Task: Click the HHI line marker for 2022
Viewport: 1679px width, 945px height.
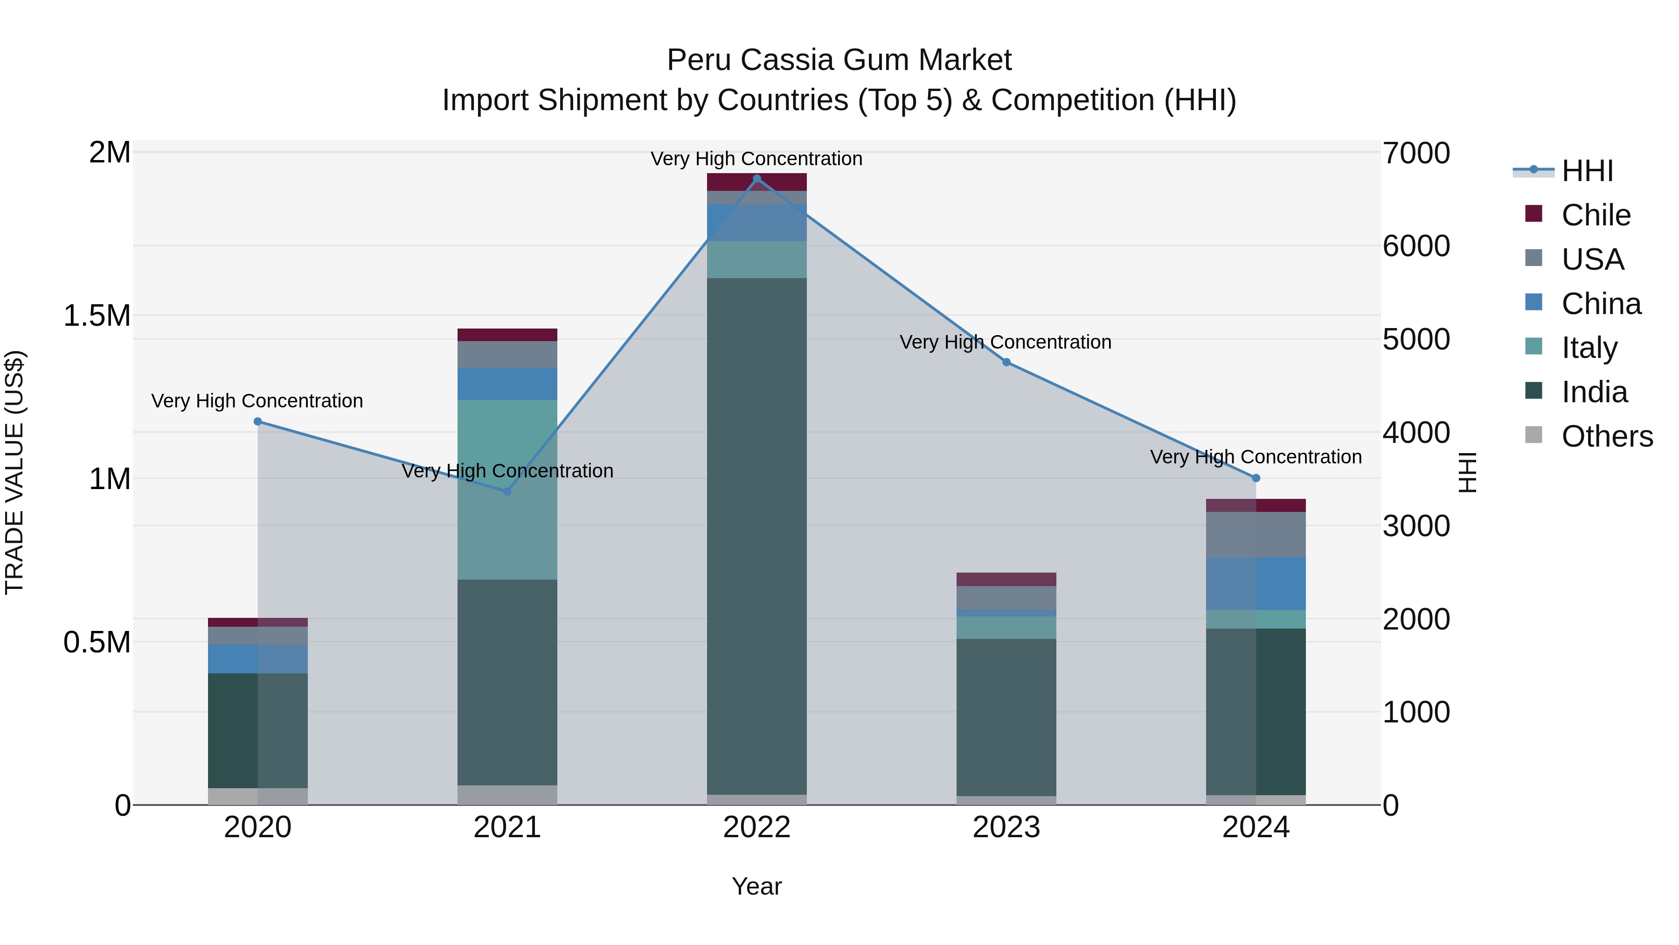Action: [757, 179]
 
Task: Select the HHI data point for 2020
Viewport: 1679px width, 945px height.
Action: [257, 421]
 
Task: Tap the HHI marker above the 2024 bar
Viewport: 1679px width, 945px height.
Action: [1256, 478]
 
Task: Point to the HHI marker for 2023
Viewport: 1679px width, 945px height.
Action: [1006, 362]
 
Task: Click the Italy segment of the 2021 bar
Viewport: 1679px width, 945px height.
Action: [507, 489]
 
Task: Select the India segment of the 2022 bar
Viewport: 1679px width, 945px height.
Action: [757, 535]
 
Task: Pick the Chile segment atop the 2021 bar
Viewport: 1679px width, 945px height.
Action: [507, 335]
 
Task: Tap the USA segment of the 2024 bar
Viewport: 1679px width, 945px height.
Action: [1256, 534]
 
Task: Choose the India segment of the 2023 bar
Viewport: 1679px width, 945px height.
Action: [1006, 717]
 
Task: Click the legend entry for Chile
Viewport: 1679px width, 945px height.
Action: [1596, 215]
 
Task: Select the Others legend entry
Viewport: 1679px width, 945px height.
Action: [1607, 436]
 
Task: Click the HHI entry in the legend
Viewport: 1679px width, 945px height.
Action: [1587, 171]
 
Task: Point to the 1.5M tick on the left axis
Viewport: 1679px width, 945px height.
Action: [97, 315]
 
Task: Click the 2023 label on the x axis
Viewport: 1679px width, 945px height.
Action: [1006, 827]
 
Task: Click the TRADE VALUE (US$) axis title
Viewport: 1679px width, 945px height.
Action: [14, 472]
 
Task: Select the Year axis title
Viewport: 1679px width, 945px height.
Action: [757, 886]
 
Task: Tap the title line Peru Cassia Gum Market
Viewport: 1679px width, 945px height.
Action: [839, 60]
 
